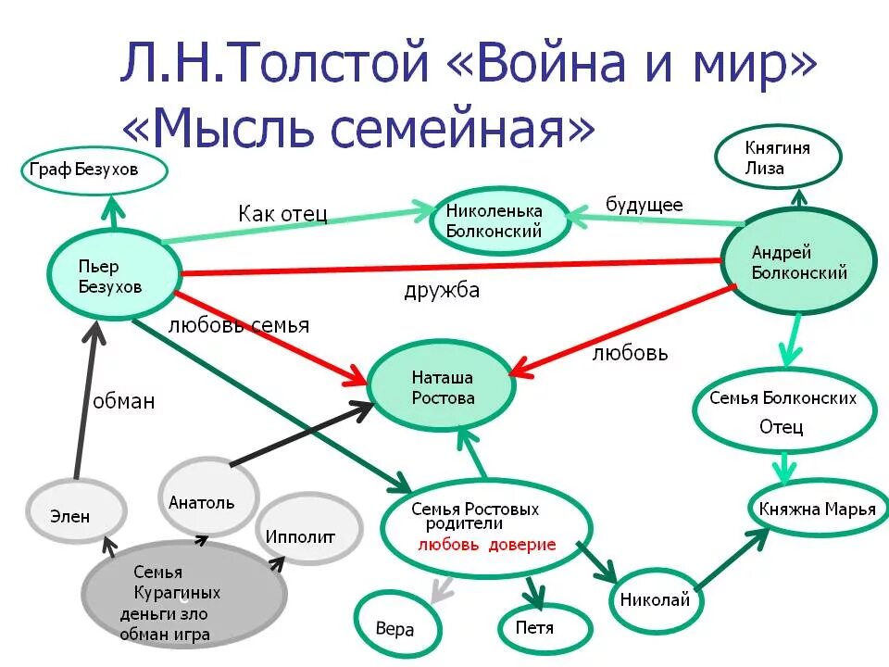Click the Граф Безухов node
95,170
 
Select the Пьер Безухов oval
111,275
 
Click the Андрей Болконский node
799,262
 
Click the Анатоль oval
207,500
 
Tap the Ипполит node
306,535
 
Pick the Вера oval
394,627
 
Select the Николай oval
655,598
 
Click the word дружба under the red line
442,291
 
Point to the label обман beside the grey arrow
123,401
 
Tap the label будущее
644,205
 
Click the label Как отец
282,213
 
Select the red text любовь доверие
487,545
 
